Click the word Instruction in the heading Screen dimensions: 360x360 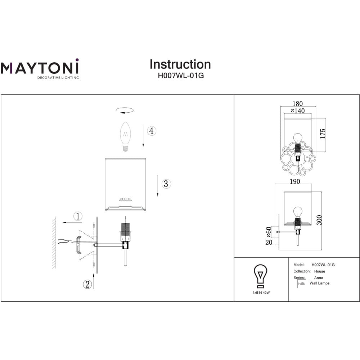point(180,64)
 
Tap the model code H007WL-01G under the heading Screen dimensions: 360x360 point(181,76)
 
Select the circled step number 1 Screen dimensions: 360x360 point(78,216)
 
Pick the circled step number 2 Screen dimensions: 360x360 point(87,284)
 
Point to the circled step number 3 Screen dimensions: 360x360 point(166,184)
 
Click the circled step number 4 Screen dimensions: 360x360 point(151,131)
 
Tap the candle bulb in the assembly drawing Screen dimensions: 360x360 point(125,136)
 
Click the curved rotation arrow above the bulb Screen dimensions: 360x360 point(125,111)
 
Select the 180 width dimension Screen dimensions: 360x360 point(298,104)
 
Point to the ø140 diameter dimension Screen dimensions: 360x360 point(298,111)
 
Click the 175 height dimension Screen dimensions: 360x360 point(323,134)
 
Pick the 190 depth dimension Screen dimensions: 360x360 point(295,181)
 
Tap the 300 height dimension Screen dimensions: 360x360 point(319,220)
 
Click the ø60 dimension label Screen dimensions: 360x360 point(269,232)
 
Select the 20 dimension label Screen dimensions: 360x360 point(269,242)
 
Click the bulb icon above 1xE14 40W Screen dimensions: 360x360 point(260,276)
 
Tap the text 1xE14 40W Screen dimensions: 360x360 point(261,293)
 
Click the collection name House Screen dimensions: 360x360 point(320,271)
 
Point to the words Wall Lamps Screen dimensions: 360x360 point(319,283)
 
